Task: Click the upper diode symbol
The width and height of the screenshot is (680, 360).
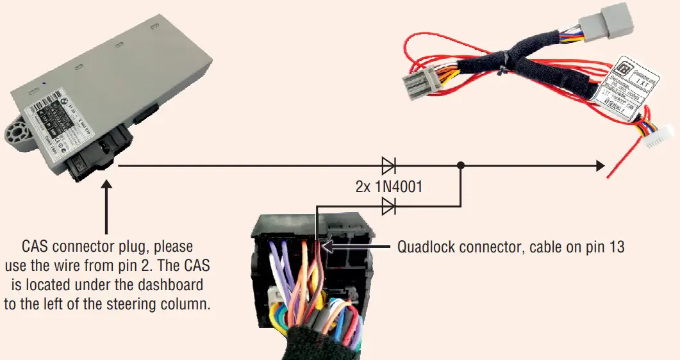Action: click(388, 166)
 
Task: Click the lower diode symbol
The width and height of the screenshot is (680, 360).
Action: click(388, 206)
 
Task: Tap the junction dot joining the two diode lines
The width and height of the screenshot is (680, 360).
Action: click(461, 166)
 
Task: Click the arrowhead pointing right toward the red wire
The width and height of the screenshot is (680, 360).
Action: click(599, 166)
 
